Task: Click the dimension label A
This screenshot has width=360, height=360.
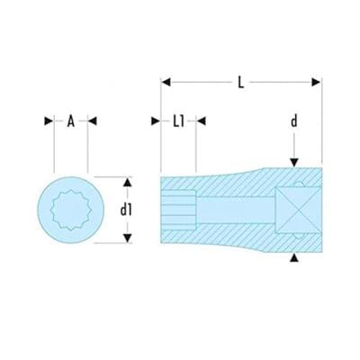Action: [69, 122]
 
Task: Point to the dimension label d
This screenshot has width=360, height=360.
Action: [293, 121]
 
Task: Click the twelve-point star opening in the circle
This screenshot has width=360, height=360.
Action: [68, 208]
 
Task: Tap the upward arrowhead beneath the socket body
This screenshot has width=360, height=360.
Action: [293, 258]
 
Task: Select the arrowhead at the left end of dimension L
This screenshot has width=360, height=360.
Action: [166, 83]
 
